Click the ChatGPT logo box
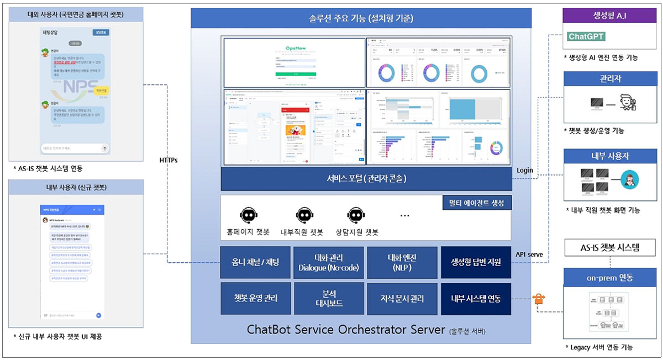[x=586, y=36]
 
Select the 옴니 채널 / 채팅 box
[x=256, y=262]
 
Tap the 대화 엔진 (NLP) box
[x=402, y=262]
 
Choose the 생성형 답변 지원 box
[x=476, y=262]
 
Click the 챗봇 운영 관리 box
[x=256, y=298]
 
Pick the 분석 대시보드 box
[x=329, y=298]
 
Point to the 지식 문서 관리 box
[x=402, y=298]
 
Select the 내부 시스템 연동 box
[x=476, y=298]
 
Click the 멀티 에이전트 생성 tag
[x=477, y=203]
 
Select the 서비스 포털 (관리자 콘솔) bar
[x=365, y=179]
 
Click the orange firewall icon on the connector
[x=539, y=299]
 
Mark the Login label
[x=525, y=170]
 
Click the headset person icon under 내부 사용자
[x=629, y=179]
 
